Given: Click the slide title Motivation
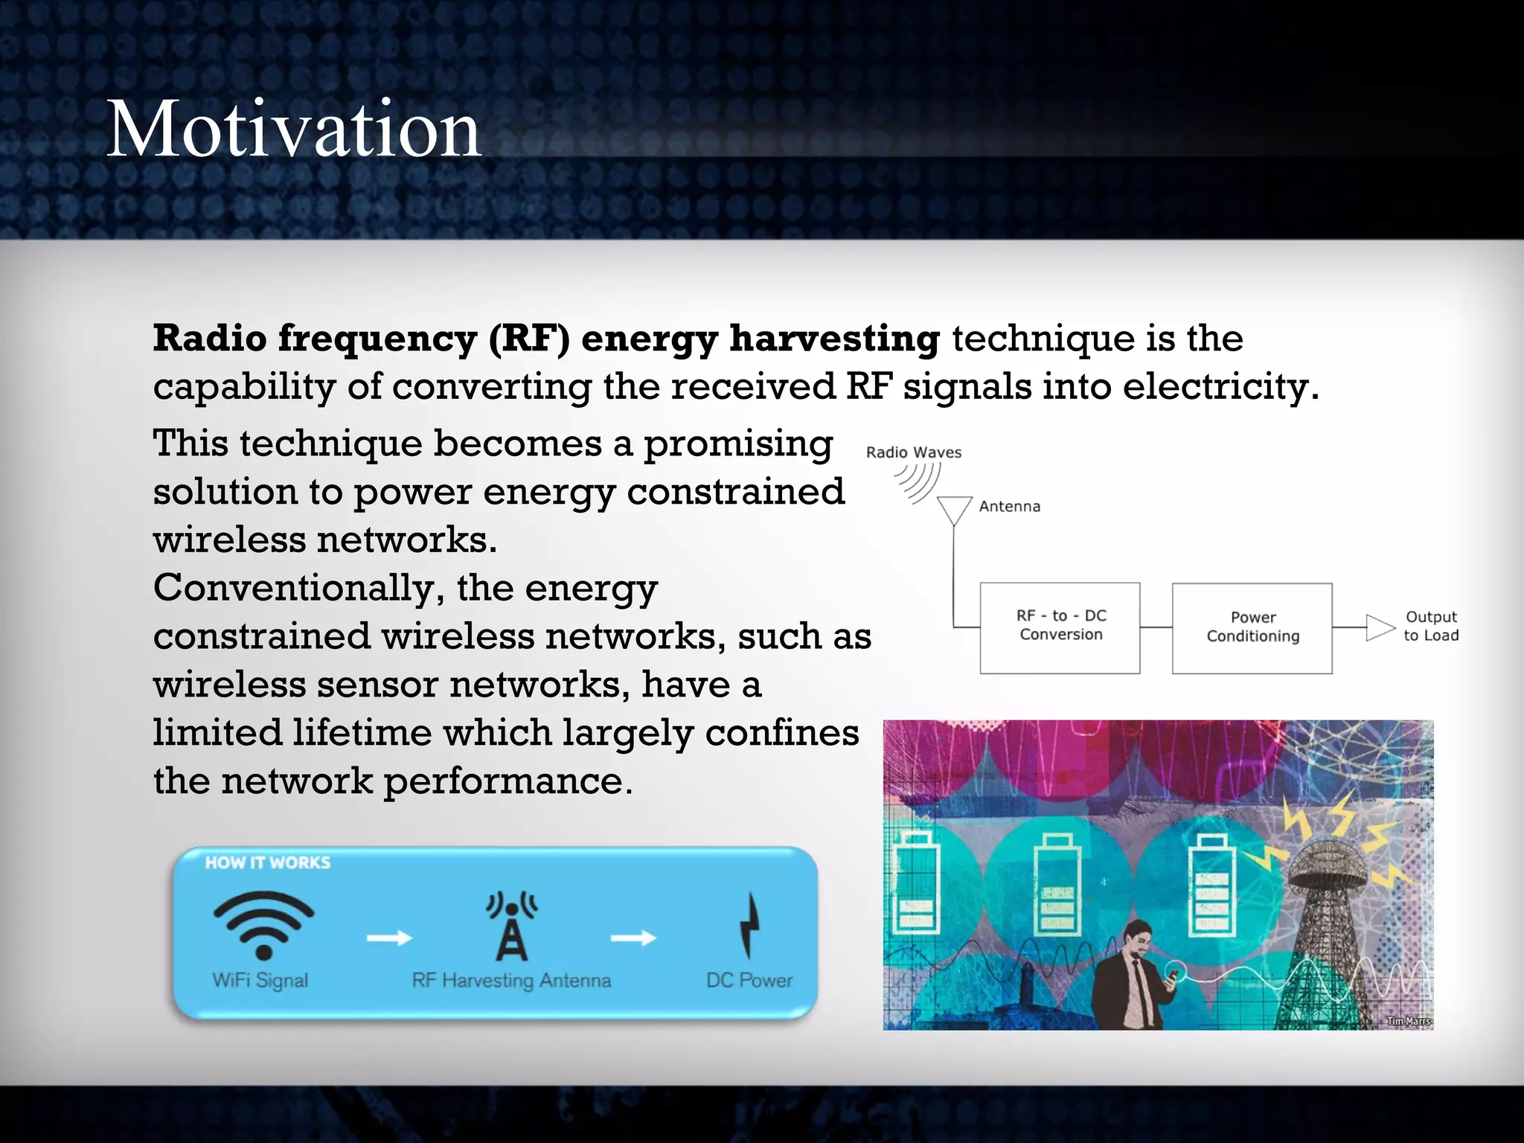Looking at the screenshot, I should point(294,130).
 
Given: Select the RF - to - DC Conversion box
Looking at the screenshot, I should point(1060,627).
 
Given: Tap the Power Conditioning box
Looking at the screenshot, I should point(1252,627).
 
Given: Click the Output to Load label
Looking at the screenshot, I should point(1430,626).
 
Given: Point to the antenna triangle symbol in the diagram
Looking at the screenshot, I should point(954,510).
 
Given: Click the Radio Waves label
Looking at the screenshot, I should point(913,452).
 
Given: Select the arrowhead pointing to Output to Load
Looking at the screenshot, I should point(1380,627).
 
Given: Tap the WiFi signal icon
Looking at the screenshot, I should point(263,925).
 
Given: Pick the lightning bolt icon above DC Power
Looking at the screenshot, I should point(750,925).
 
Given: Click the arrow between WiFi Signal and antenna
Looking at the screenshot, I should point(389,938).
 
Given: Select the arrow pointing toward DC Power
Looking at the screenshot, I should point(633,938).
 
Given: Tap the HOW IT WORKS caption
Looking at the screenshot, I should point(268,862).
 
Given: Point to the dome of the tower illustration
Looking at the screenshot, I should point(1327,863).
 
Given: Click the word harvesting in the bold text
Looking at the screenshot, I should point(834,339).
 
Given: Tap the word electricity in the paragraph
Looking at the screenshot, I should point(1220,387).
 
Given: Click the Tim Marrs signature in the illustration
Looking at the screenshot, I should point(1408,1021).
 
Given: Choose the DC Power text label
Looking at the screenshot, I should point(749,980).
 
